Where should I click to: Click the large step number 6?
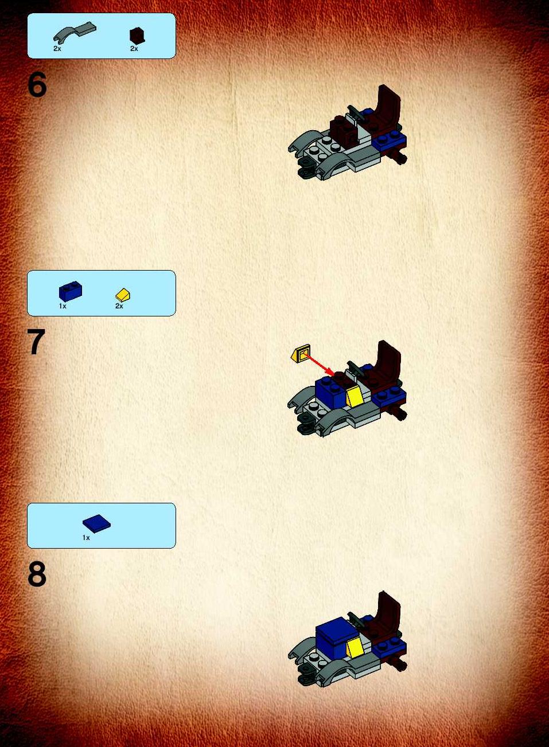[37, 85]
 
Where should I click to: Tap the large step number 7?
[36, 342]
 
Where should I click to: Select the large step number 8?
[37, 574]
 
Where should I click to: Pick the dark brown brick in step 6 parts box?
[137, 36]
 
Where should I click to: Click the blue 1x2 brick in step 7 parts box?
[71, 291]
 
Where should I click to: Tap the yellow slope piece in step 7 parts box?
[123, 295]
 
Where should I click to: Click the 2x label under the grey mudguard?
[57, 49]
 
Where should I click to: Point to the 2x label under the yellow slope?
[119, 306]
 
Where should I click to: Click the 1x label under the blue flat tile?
[86, 538]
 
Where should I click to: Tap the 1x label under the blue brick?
[63, 306]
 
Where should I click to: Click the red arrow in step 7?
[320, 365]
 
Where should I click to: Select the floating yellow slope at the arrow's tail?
[300, 353]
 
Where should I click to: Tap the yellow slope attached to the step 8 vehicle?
[354, 647]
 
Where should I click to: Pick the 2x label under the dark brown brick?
[134, 49]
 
